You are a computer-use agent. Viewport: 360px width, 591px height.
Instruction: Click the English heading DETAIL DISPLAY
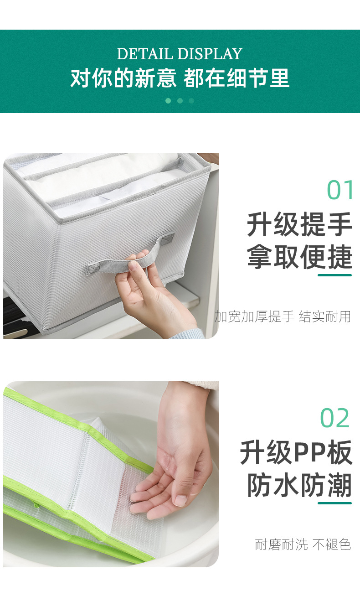(180, 54)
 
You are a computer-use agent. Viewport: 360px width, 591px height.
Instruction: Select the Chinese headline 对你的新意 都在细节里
(180, 78)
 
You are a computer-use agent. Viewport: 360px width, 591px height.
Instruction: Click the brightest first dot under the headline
(168, 101)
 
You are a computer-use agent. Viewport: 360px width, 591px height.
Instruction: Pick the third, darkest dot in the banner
(191, 101)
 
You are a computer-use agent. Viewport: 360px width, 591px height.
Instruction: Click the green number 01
(340, 191)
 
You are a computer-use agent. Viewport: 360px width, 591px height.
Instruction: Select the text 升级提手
(299, 225)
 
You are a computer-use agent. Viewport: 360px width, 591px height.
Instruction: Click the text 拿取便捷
(299, 257)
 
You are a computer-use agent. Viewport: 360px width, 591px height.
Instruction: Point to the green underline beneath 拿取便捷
(334, 275)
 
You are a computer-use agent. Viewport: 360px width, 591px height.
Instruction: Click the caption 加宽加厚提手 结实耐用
(283, 316)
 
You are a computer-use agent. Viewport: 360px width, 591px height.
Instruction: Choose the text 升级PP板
(296, 453)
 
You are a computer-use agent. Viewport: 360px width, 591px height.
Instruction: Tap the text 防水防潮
(299, 485)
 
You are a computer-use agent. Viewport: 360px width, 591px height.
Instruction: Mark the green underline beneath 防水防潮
(334, 503)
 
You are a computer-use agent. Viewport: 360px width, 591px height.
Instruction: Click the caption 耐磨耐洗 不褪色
(303, 544)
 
